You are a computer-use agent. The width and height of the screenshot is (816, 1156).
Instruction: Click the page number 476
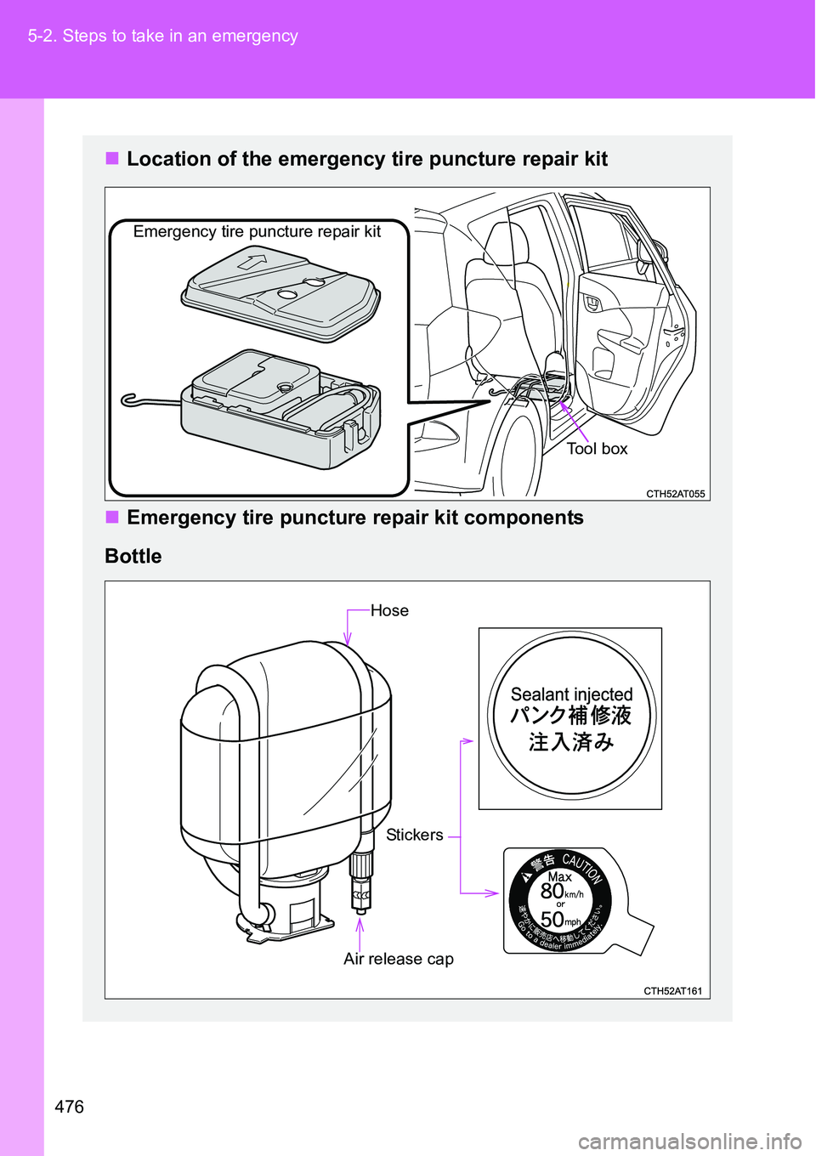point(69,1106)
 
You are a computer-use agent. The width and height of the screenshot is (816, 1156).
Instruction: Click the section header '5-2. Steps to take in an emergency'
point(162,36)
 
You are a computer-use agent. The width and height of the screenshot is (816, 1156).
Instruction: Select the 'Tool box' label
point(597,449)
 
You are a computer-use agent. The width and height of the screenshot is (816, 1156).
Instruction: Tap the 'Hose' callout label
point(389,610)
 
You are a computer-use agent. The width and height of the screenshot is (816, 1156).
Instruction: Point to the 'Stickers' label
point(414,835)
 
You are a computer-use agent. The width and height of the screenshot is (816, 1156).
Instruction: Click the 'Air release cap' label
point(398,959)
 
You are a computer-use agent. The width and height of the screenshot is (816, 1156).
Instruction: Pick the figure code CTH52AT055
point(675,494)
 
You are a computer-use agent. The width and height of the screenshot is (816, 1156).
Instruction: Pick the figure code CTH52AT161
point(672,991)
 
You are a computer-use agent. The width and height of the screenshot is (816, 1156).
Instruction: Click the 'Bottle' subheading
point(133,556)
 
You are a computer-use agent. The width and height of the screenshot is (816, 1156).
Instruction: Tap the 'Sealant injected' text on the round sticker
point(571,694)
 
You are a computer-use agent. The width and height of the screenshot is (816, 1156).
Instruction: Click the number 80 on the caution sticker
point(552,891)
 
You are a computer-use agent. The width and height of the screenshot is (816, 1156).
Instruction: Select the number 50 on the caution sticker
point(552,919)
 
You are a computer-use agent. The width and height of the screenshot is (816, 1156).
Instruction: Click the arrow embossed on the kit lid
point(252,262)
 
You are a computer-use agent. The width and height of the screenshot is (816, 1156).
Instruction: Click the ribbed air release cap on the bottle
point(361,867)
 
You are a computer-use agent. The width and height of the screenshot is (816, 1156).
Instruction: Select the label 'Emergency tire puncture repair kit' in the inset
point(257,231)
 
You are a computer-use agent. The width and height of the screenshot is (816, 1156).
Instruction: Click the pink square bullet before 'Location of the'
point(112,158)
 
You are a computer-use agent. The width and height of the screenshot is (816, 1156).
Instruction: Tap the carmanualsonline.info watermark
point(689,1141)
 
